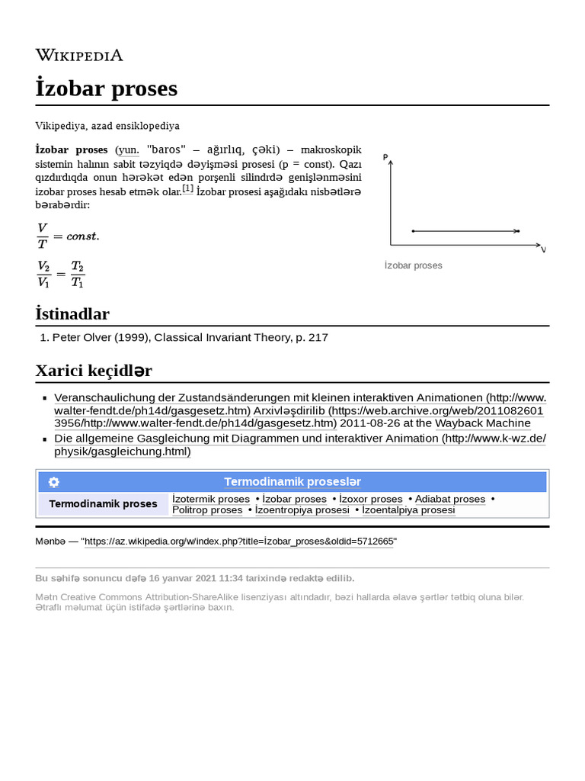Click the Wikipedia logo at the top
pyautogui.click(x=79, y=55)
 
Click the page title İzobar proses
pyautogui.click(x=107, y=88)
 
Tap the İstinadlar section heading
pyautogui.click(x=72, y=313)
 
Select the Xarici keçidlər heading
pyautogui.click(x=94, y=371)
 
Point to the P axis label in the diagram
pyautogui.click(x=386, y=158)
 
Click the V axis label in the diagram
pyautogui.click(x=543, y=249)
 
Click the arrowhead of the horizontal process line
pyautogui.click(x=516, y=230)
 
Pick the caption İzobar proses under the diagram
pyautogui.click(x=413, y=265)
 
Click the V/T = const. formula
pyautogui.click(x=68, y=236)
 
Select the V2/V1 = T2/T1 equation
pyautogui.click(x=61, y=274)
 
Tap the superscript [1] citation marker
pyautogui.click(x=187, y=188)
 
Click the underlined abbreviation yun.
pyautogui.click(x=127, y=149)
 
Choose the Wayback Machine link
pyautogui.click(x=483, y=423)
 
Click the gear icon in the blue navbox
pyautogui.click(x=53, y=482)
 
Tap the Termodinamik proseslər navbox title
pyautogui.click(x=292, y=482)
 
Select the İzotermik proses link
pyautogui.click(x=211, y=499)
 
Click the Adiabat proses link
pyautogui.click(x=450, y=499)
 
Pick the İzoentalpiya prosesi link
pyautogui.click(x=408, y=510)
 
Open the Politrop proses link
pyautogui.click(x=207, y=510)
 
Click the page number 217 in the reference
pyautogui.click(x=318, y=337)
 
